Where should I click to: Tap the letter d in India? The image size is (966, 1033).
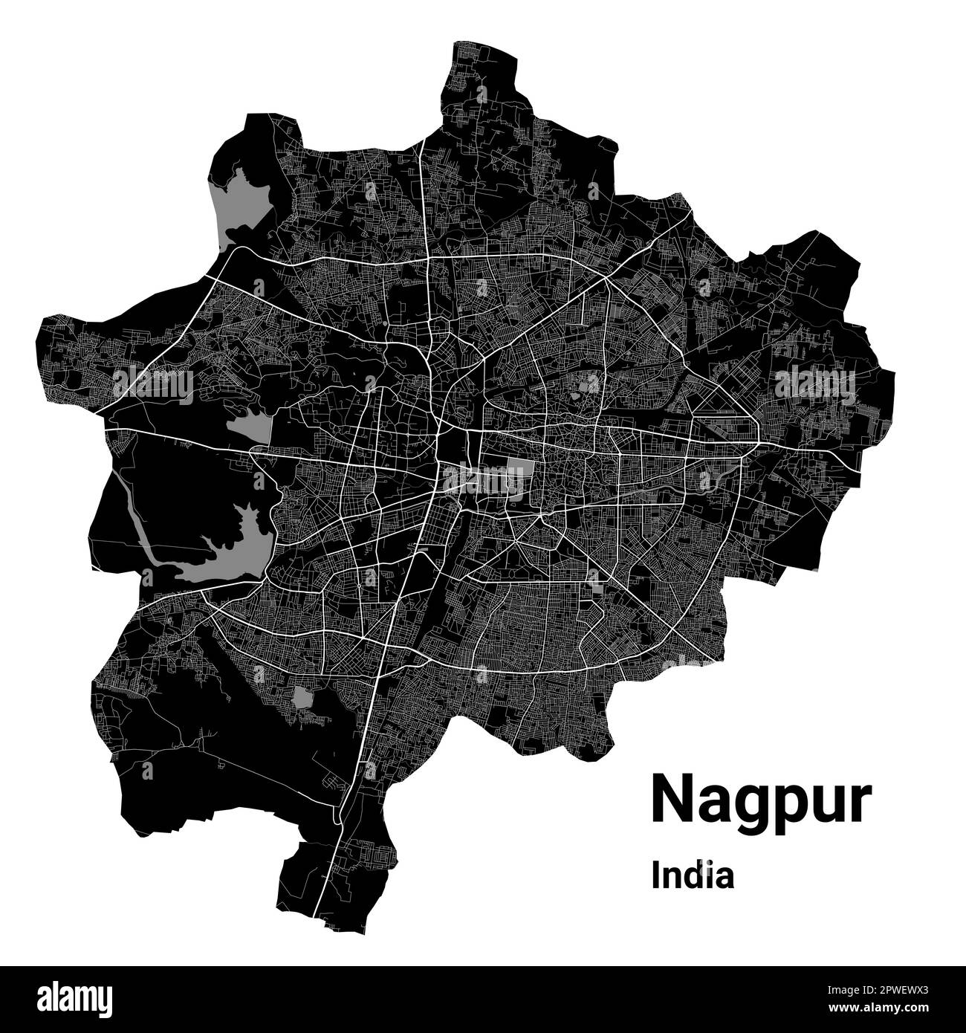pyautogui.click(x=693, y=875)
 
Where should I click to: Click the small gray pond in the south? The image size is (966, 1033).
pyautogui.click(x=302, y=697)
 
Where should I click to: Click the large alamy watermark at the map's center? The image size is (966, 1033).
pyautogui.click(x=484, y=480)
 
